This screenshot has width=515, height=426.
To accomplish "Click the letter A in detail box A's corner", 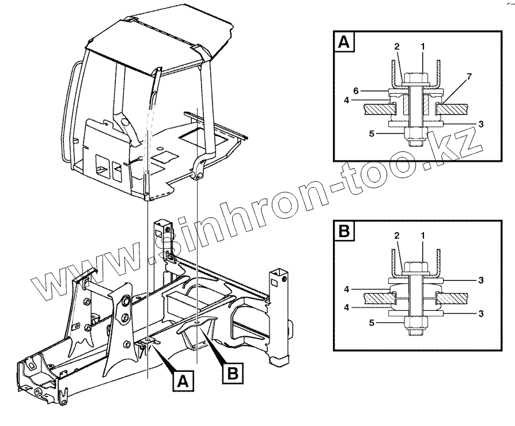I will (x=343, y=42).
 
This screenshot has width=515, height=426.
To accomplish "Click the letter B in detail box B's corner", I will (x=343, y=231).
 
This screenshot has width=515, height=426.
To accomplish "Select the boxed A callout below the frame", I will (x=183, y=380).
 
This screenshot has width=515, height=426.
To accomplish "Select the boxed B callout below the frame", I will (x=232, y=372).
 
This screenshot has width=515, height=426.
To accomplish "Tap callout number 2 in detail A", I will (x=397, y=46).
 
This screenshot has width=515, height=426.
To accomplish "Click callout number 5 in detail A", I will (x=372, y=134).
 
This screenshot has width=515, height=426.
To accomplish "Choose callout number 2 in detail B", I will (x=397, y=236).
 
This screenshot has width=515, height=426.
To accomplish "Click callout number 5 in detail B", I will (x=372, y=323).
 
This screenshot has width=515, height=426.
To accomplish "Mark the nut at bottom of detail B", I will (x=415, y=323).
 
